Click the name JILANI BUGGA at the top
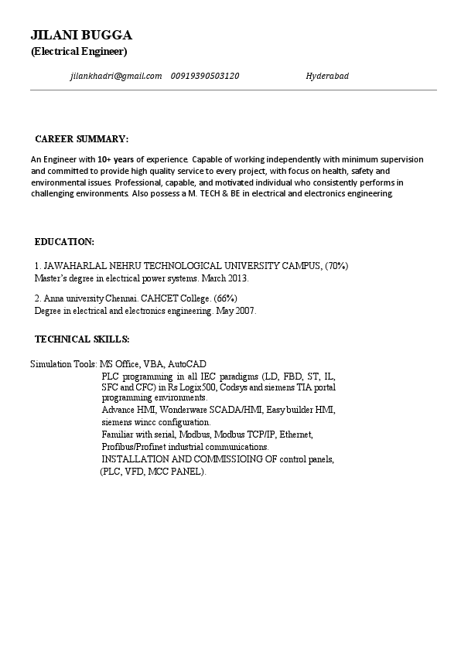click(81, 35)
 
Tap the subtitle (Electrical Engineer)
click(79, 52)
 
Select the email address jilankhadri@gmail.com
click(115, 76)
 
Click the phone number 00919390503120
click(205, 76)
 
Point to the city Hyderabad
click(327, 76)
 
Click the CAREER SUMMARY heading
click(82, 139)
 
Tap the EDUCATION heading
click(65, 242)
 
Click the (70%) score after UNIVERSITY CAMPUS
click(336, 266)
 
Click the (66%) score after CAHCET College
click(225, 298)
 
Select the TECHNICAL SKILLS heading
click(82, 339)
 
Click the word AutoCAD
click(187, 363)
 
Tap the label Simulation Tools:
click(63, 363)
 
